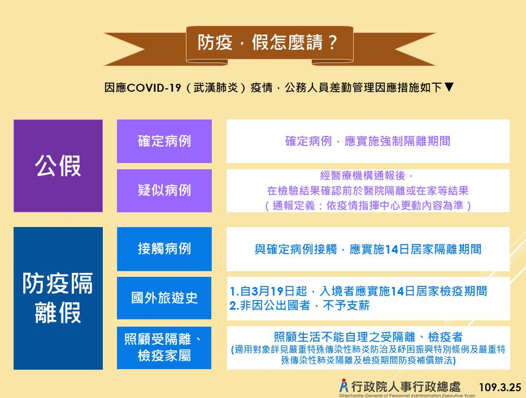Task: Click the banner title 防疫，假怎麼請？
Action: pos(267,42)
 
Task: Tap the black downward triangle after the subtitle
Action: pos(449,87)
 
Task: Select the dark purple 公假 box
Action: pos(58,166)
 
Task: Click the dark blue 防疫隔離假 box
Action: pos(58,298)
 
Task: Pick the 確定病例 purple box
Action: pos(164,141)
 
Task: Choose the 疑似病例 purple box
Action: pos(164,191)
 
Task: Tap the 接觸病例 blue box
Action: pos(164,249)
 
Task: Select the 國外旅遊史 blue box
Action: pos(164,298)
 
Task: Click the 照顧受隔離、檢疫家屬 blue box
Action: pos(164,348)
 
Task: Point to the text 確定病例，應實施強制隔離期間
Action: pos(368,141)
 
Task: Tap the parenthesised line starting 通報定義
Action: pos(368,206)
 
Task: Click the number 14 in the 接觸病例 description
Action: pos(392,250)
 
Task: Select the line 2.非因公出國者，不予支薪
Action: pos(299,305)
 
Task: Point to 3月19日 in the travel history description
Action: pos(273,291)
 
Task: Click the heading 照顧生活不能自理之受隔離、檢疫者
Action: pos(368,337)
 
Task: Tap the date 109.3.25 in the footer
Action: pos(500,387)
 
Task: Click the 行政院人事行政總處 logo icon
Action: pos(344,386)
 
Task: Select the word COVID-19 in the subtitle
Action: pos(154,88)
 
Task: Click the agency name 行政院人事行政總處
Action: pos(406,387)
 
